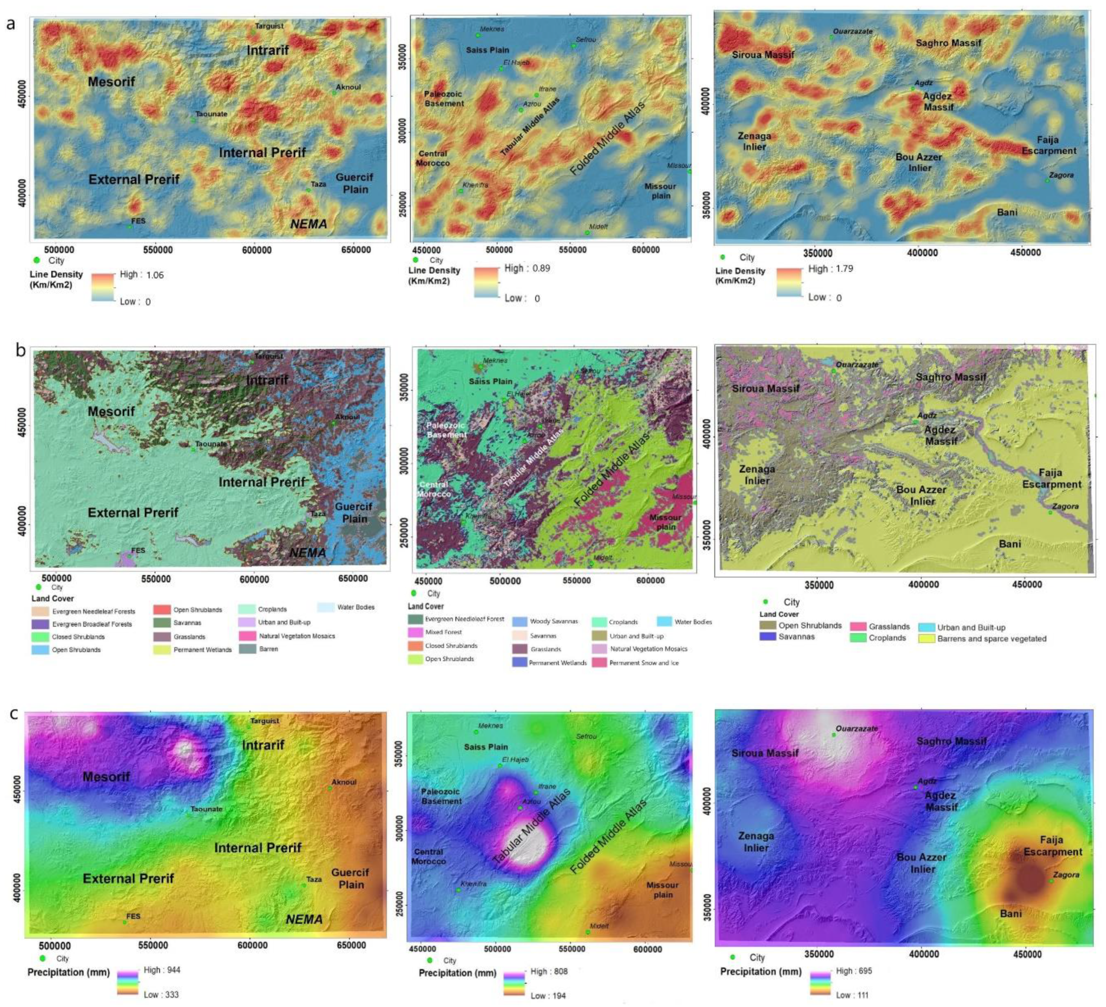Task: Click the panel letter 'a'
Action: [x=11, y=24]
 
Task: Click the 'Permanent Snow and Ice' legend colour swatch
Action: [x=600, y=662]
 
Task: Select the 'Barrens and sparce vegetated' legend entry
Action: [x=991, y=638]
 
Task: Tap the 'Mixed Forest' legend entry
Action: [x=443, y=632]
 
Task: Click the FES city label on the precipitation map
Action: [x=133, y=916]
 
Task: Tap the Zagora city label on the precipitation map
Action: [x=1066, y=875]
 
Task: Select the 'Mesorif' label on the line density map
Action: [x=112, y=82]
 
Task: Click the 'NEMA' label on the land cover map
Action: [x=307, y=552]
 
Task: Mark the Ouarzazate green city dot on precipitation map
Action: [x=834, y=734]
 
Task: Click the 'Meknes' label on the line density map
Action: [x=492, y=29]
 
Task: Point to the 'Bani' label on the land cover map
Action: [x=1010, y=543]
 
